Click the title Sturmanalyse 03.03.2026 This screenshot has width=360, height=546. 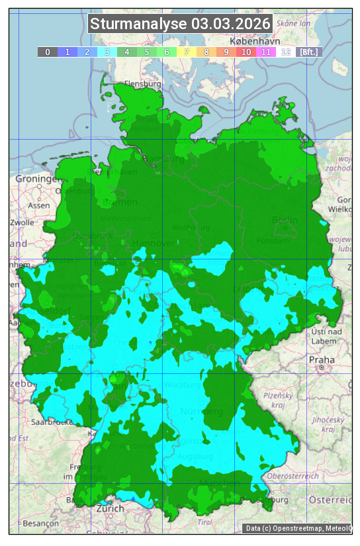[180, 24]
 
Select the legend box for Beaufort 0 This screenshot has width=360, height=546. [48, 51]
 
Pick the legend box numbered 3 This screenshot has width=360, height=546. [107, 51]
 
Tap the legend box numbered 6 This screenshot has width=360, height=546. [167, 51]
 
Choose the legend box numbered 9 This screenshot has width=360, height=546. [226, 51]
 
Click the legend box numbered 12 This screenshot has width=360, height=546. [286, 51]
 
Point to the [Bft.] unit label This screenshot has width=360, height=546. [308, 51]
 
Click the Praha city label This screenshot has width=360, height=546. [322, 359]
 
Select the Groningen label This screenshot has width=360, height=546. [34, 179]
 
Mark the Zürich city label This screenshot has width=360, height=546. [110, 508]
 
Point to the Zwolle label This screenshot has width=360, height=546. [22, 222]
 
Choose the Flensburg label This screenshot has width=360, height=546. [143, 84]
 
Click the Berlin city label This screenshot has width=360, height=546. [285, 220]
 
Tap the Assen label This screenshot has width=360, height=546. [39, 205]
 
